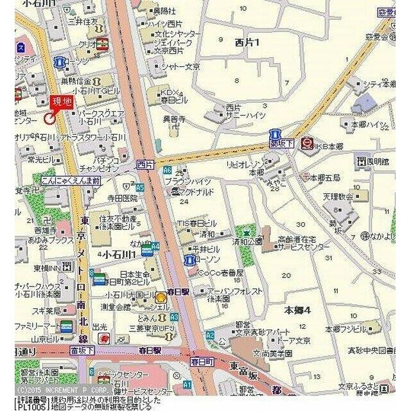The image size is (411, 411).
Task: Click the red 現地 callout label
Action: pos(62,101)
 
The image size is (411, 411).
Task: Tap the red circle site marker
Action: pos(49,118)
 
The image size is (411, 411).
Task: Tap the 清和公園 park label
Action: pos(247,242)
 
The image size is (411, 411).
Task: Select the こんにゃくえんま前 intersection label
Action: pos(69,181)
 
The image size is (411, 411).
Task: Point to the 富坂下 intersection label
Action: pos(82,351)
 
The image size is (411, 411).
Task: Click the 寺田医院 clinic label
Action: pos(122,198)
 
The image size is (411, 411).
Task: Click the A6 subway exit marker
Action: pos(167,170)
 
